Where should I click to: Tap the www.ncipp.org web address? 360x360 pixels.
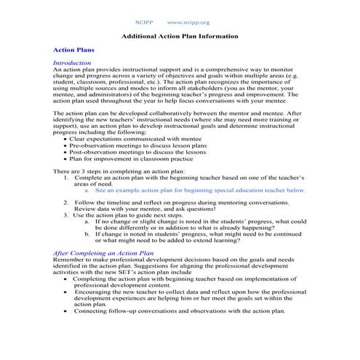point(188,23)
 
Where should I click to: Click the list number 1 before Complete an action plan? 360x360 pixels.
point(67,177)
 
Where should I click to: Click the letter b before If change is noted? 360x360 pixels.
point(87,234)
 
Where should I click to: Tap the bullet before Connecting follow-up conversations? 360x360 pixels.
point(67,311)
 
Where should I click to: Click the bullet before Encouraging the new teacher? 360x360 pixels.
point(67,291)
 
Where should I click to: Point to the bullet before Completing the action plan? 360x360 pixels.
point(67,279)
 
